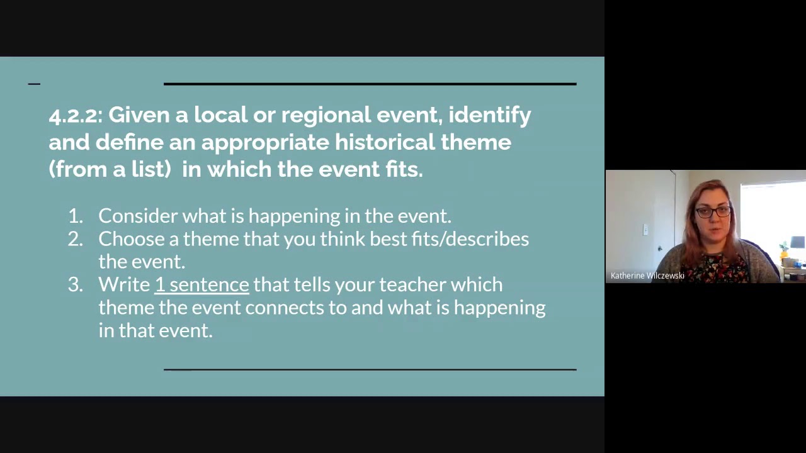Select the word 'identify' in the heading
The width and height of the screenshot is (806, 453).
click(489, 115)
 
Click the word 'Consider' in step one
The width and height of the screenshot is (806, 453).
click(138, 216)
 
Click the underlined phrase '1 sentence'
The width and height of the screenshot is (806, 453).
click(201, 284)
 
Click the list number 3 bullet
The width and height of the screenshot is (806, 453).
click(75, 284)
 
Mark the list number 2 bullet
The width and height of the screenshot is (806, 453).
click(75, 239)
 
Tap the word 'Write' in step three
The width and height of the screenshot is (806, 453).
click(124, 284)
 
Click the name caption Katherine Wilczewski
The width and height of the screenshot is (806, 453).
click(647, 276)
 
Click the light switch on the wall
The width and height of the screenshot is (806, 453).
click(645, 230)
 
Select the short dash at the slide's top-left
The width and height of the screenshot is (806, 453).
click(34, 84)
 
